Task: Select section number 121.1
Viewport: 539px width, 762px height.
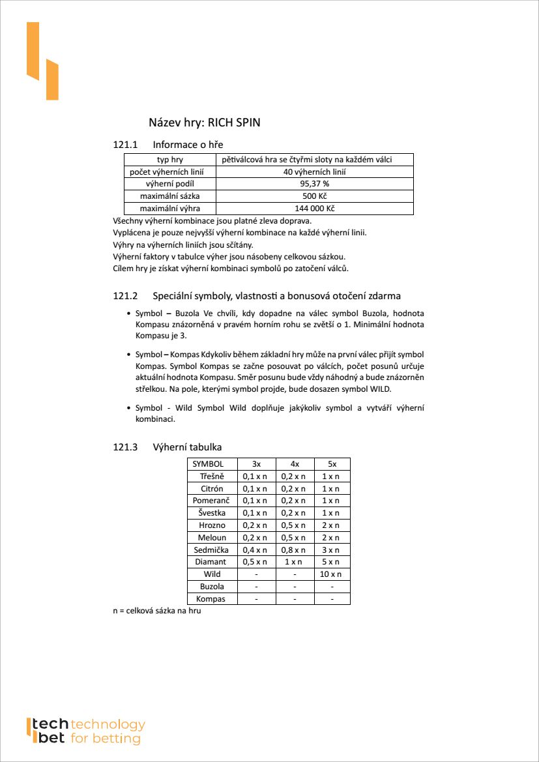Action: click(126, 145)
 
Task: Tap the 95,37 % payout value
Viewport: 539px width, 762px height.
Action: click(314, 184)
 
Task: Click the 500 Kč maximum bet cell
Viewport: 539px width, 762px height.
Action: click(314, 196)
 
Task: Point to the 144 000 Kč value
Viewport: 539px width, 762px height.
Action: click(314, 209)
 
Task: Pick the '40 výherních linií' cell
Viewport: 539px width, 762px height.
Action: click(314, 172)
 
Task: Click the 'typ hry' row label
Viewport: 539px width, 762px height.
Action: click(169, 160)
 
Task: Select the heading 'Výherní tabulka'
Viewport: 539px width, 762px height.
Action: click(187, 447)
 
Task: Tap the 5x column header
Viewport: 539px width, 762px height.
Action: click(332, 464)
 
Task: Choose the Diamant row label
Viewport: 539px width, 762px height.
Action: click(211, 562)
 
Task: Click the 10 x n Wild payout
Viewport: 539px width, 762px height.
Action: click(332, 574)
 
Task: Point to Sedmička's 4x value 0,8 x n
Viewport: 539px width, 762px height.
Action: click(295, 550)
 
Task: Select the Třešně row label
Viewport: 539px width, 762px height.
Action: click(211, 476)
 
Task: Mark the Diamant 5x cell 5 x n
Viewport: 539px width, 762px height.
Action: click(332, 562)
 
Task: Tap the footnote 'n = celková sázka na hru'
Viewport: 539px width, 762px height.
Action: click(157, 611)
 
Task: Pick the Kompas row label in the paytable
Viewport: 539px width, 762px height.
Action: click(211, 598)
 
